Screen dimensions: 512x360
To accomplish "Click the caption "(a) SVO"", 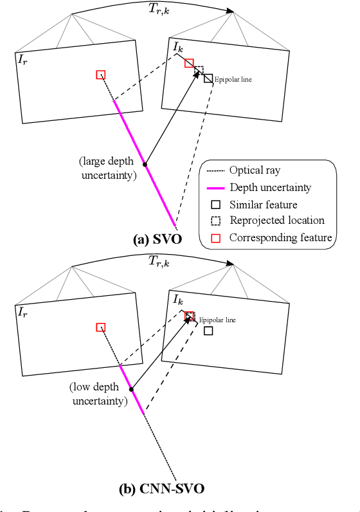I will [158, 239].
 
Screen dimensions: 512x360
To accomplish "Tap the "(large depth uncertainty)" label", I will [107, 168].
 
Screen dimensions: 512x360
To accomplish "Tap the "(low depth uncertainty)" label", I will [98, 395].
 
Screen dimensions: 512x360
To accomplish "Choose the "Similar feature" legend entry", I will [263, 205].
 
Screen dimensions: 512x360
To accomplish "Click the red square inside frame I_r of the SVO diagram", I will [100, 75].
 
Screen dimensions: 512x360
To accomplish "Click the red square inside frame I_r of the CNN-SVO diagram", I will [100, 327].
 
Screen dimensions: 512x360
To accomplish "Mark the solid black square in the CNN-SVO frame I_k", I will [208, 331].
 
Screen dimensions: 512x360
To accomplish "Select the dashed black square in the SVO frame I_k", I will [199, 70].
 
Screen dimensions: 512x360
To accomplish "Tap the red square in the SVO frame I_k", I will [189, 62].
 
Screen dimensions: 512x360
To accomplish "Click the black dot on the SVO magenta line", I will [145, 164].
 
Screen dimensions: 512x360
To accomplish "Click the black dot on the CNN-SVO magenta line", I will [131, 389].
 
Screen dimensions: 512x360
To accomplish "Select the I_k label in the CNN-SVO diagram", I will [177, 299].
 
